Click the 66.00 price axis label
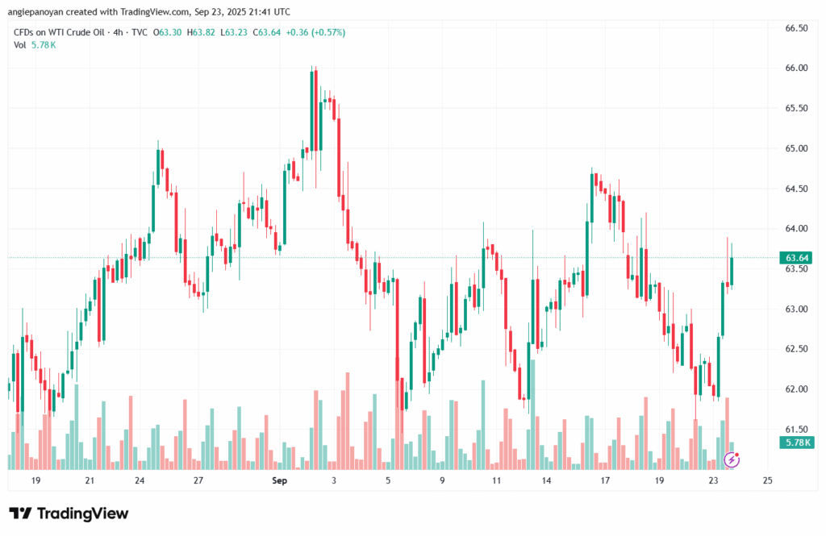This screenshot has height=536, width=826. tap(796, 68)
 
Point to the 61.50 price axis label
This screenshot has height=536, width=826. tap(796, 429)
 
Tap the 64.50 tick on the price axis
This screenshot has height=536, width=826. tap(796, 189)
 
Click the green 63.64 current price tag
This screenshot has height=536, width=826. tap(795, 258)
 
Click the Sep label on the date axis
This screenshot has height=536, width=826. tap(279, 480)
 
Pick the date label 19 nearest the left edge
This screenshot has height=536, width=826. tap(35, 480)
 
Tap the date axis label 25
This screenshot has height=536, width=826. tap(767, 480)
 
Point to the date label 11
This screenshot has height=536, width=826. tap(496, 480)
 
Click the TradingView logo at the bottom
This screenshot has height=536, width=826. tap(69, 514)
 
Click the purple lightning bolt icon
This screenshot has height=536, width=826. tap(732, 459)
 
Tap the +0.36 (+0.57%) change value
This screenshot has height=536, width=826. tap(316, 32)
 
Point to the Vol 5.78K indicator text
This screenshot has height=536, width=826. tap(35, 45)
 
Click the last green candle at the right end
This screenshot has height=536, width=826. tap(732, 272)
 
